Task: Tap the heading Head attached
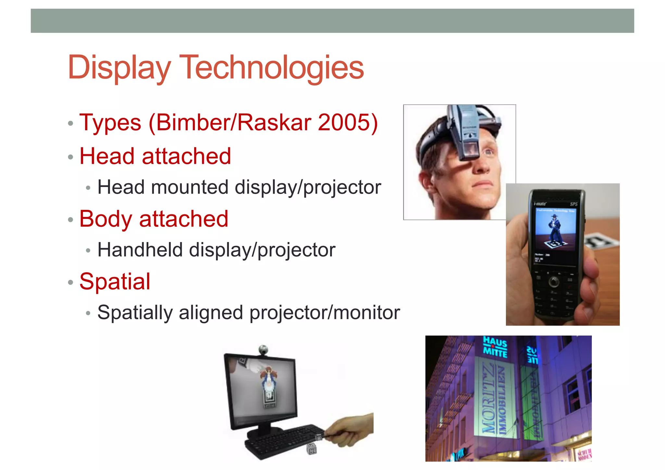[x=155, y=156]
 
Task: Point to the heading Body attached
[x=154, y=219]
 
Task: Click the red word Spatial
[x=115, y=281]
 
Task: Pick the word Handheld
[x=140, y=250]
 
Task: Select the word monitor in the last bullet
[x=367, y=312]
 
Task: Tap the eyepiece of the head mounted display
[x=469, y=149]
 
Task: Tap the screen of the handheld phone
[x=555, y=234]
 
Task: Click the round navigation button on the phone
[x=554, y=281]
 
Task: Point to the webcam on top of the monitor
[x=263, y=350]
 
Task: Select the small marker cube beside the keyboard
[x=312, y=450]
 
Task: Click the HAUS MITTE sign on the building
[x=495, y=346]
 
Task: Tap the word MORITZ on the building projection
[x=488, y=400]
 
